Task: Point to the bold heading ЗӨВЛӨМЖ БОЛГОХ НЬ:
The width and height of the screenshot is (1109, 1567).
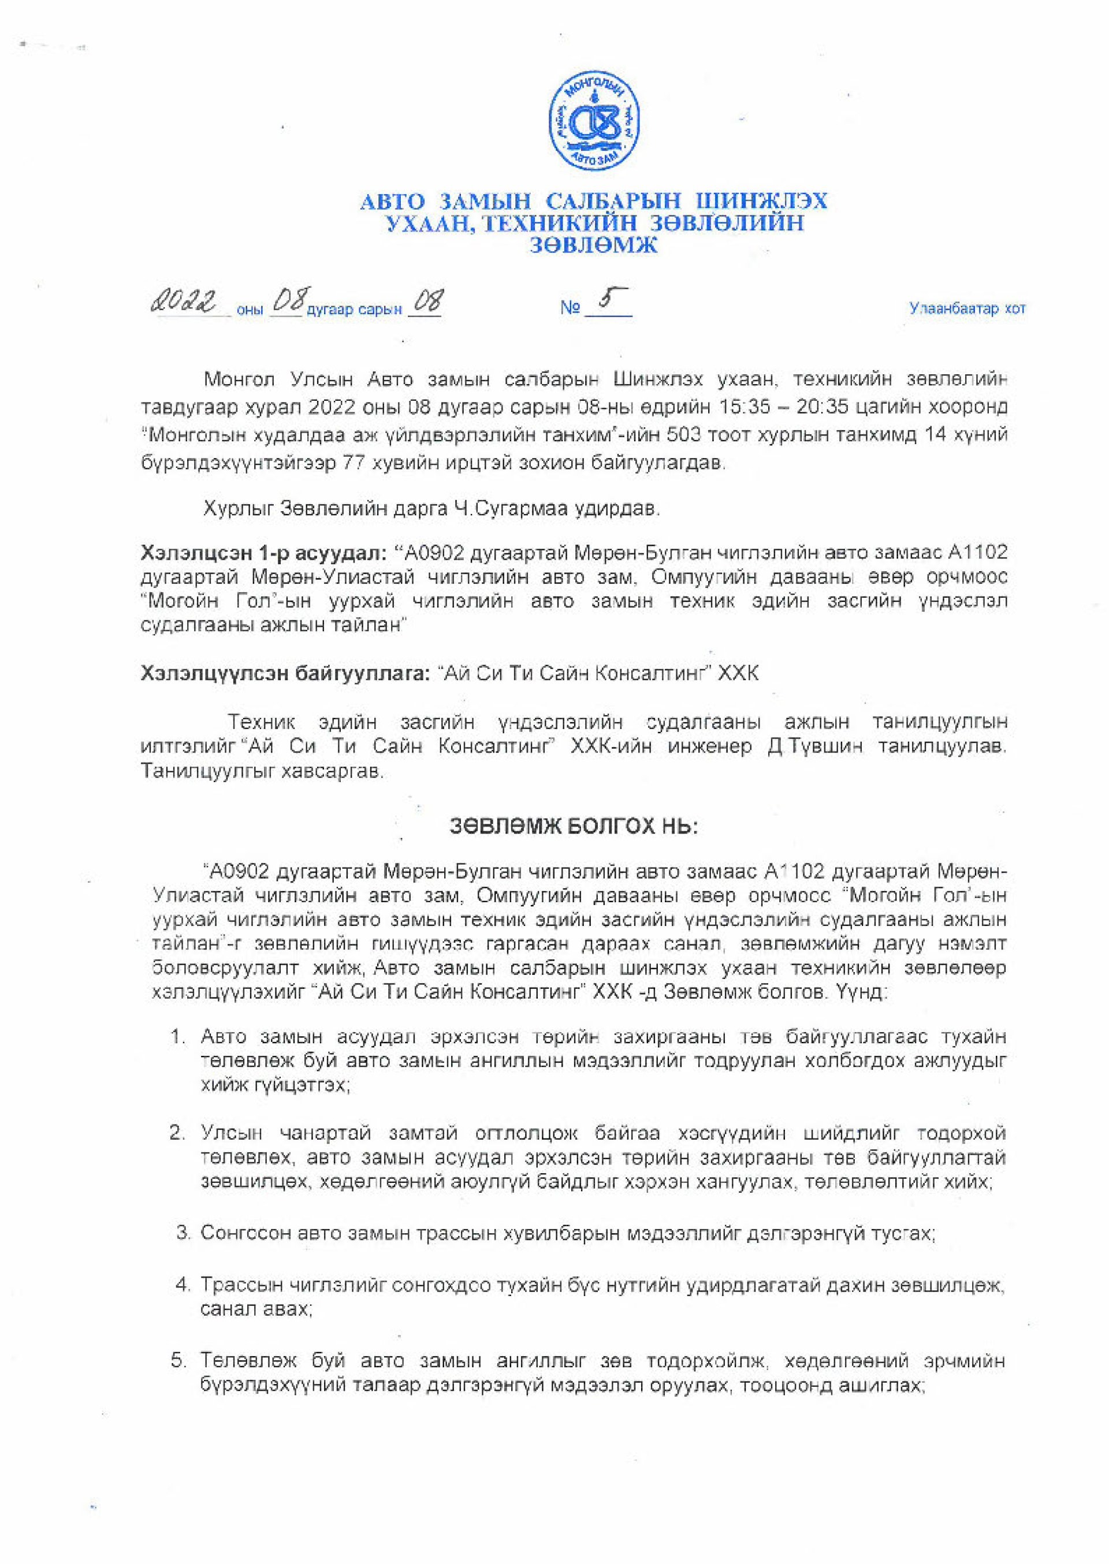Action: tap(574, 827)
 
